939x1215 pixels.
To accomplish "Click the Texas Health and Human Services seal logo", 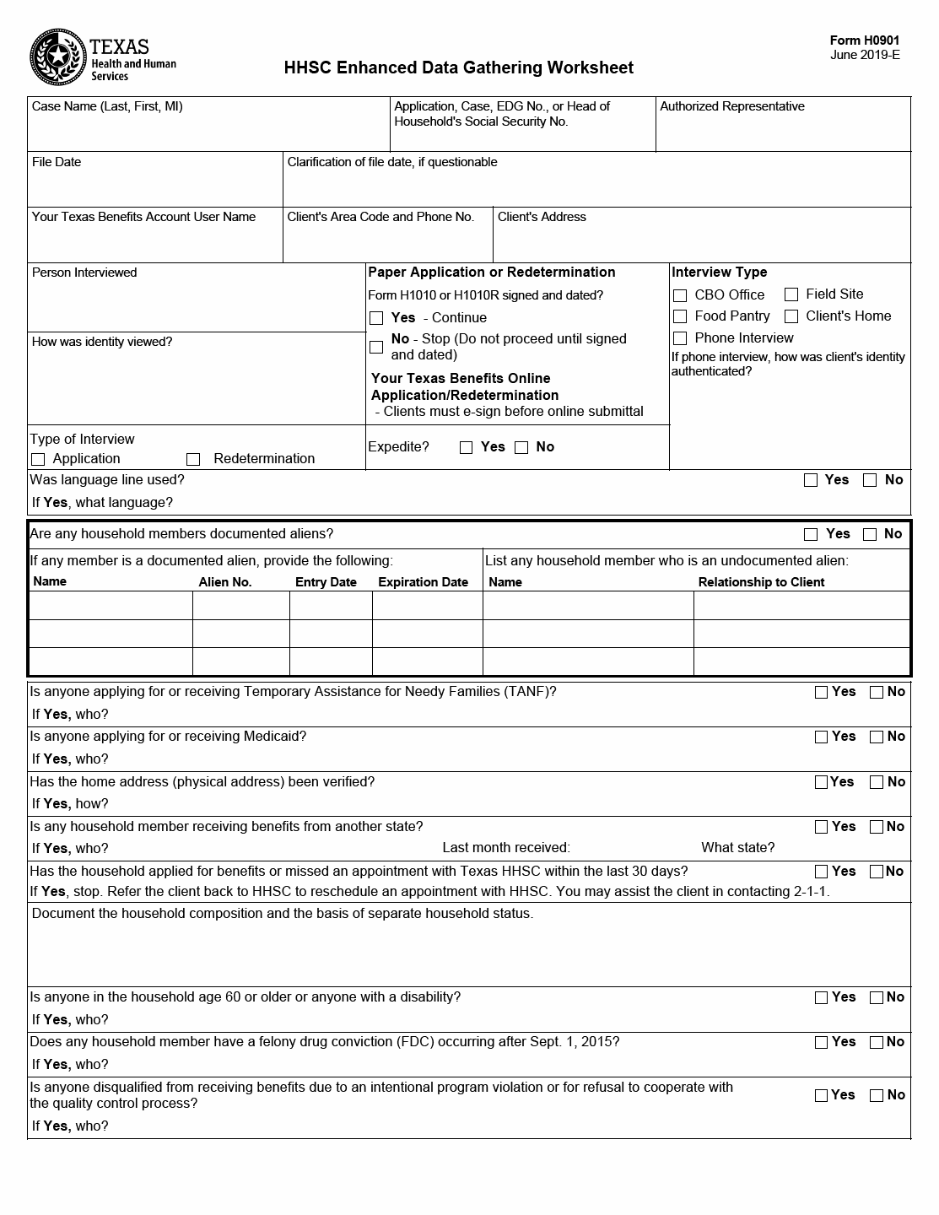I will click(57, 57).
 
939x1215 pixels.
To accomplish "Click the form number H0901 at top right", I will click(865, 40).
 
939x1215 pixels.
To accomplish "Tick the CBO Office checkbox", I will click(680, 295).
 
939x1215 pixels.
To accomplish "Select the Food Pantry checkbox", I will click(680, 316).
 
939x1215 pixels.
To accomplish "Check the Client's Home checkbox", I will click(791, 316).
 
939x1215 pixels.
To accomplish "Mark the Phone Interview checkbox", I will click(680, 338).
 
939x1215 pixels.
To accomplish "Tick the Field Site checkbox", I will click(791, 294).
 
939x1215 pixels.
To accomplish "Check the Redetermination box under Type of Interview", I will click(193, 459).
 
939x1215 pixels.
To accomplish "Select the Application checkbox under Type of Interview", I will click(37, 459).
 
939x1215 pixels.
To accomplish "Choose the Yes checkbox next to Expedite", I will click(466, 447).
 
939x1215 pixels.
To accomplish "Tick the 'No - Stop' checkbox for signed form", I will click(376, 347).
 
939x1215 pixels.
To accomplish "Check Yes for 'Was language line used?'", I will click(811, 480).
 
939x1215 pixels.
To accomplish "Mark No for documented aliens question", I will click(870, 534).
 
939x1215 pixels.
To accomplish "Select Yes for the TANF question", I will click(821, 692).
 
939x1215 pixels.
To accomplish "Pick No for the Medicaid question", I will click(877, 737).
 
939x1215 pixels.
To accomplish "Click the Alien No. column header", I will click(225, 582).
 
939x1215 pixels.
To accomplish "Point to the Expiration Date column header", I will click(423, 582).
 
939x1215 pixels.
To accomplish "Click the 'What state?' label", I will click(737, 848).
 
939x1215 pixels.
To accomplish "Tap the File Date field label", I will click(57, 162).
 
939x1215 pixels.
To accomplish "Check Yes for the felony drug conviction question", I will click(821, 1042).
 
